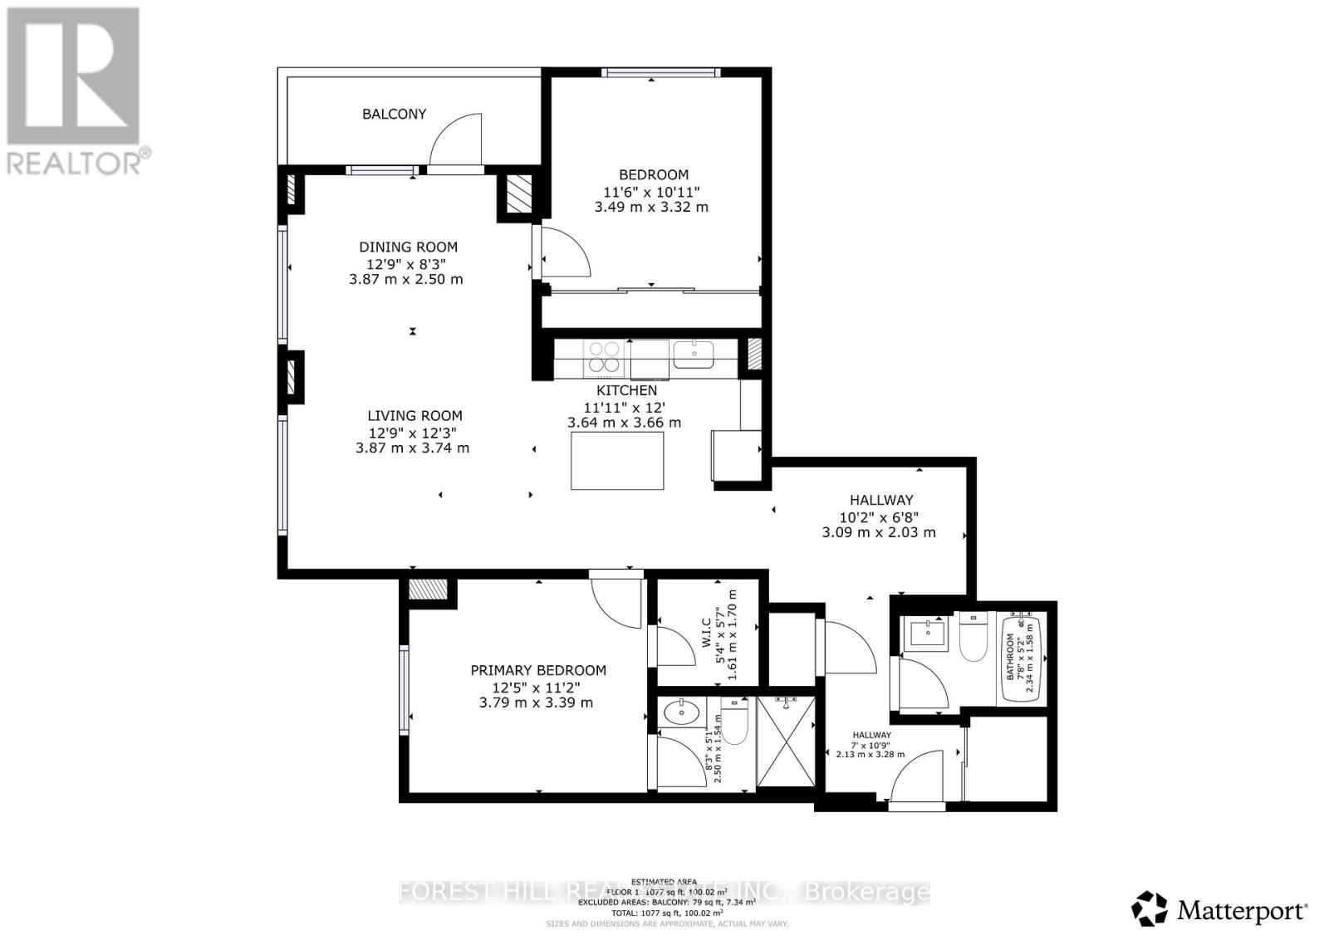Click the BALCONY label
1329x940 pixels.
coord(394,114)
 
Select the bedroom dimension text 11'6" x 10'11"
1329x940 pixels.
coord(652,191)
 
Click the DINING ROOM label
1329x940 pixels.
coord(408,247)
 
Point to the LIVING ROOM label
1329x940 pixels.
coord(414,416)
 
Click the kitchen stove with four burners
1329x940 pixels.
coord(604,357)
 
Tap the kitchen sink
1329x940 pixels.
coord(694,355)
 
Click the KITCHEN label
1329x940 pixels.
coord(626,390)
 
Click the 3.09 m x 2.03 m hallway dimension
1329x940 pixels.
coord(878,532)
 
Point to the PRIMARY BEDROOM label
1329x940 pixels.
coord(537,670)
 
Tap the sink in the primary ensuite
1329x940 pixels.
coord(682,710)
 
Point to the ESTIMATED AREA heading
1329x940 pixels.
coord(664,881)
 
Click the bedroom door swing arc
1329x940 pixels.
coord(567,254)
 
